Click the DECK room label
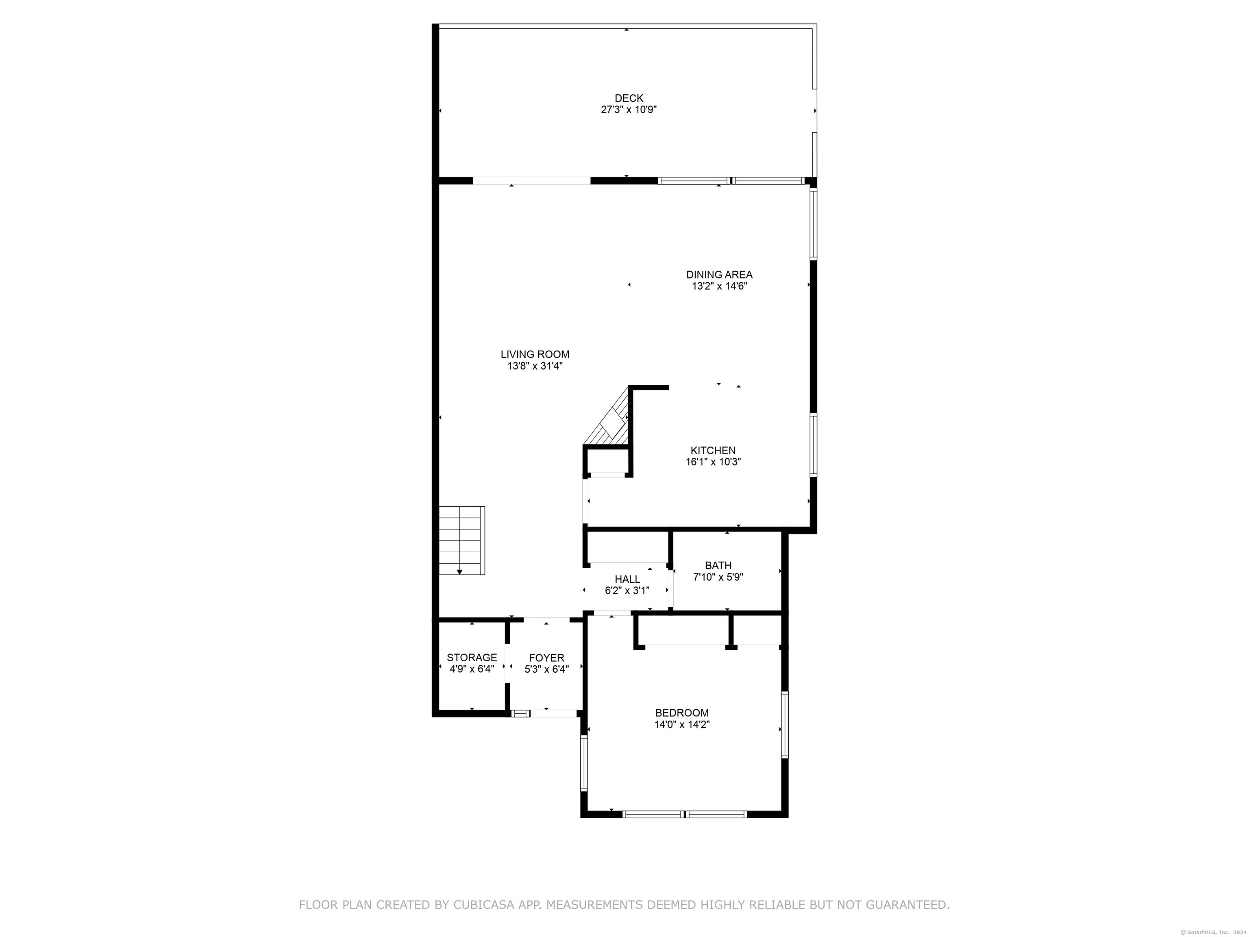pyautogui.click(x=629, y=98)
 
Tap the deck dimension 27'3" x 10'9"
pyautogui.click(x=629, y=109)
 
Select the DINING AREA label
pyautogui.click(x=719, y=275)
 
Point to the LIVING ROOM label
pyautogui.click(x=535, y=354)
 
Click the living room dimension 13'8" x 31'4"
pyautogui.click(x=535, y=366)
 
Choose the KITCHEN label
pyautogui.click(x=713, y=450)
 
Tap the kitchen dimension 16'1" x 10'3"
pyautogui.click(x=713, y=462)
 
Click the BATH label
pyautogui.click(x=718, y=565)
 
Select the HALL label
pyautogui.click(x=627, y=580)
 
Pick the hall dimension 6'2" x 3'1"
pyautogui.click(x=627, y=591)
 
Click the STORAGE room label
pyautogui.click(x=472, y=658)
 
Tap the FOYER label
pyautogui.click(x=546, y=658)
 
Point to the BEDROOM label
pyautogui.click(x=681, y=713)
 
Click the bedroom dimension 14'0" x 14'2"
pyautogui.click(x=681, y=725)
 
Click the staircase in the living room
pyautogui.click(x=462, y=539)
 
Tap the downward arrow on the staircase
pyautogui.click(x=459, y=571)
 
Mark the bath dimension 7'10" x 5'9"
pyautogui.click(x=718, y=577)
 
